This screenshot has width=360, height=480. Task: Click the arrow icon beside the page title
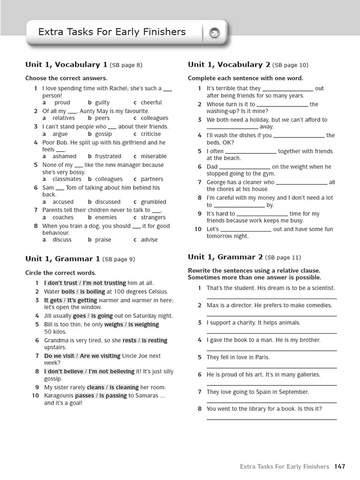(x=214, y=33)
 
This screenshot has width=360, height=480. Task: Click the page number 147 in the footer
(x=340, y=466)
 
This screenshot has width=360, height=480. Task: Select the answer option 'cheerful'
(x=151, y=103)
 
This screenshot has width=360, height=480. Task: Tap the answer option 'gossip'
(x=103, y=134)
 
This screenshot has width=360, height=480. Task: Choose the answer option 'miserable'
(x=153, y=157)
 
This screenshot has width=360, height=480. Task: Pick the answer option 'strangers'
(x=153, y=217)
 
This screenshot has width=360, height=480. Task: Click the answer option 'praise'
(x=103, y=240)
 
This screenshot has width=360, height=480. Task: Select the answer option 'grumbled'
(x=153, y=202)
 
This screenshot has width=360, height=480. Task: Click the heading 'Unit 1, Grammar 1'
(x=62, y=258)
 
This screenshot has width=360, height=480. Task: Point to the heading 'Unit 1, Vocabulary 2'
(x=229, y=65)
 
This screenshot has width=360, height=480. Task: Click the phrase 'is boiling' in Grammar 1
(x=92, y=292)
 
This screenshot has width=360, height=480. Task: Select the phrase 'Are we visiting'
(x=100, y=356)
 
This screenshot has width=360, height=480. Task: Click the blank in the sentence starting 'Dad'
(x=245, y=167)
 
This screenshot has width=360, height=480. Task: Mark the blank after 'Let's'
(x=246, y=230)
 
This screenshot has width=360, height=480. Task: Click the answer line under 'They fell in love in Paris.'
(x=271, y=367)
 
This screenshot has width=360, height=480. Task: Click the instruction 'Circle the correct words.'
(x=60, y=273)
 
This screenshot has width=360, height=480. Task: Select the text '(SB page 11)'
(x=283, y=257)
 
